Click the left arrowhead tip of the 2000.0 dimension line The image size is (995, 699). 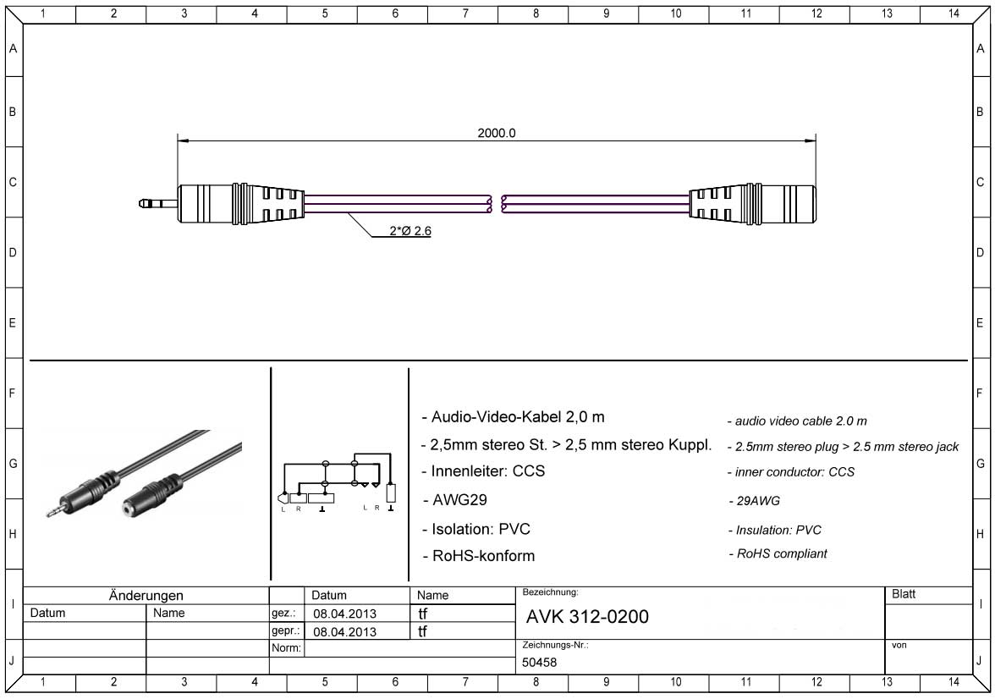[178, 140]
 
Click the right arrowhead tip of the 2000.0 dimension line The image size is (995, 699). [816, 140]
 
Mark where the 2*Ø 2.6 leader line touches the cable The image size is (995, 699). [348, 212]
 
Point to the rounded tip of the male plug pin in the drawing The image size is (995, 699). [140, 204]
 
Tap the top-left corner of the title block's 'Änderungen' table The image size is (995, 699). [24, 586]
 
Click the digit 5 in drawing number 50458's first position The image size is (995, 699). [525, 662]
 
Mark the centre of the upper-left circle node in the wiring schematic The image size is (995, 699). [326, 464]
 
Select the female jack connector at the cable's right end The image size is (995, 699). [753, 204]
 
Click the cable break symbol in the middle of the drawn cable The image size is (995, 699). [496, 204]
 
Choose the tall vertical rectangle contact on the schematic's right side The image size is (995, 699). [391, 494]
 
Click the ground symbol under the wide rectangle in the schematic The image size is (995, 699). [322, 509]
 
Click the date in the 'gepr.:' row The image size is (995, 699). [344, 631]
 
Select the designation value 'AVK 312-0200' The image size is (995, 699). [587, 616]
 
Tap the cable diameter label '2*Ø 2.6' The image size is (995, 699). [410, 230]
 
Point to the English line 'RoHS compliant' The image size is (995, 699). [778, 553]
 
